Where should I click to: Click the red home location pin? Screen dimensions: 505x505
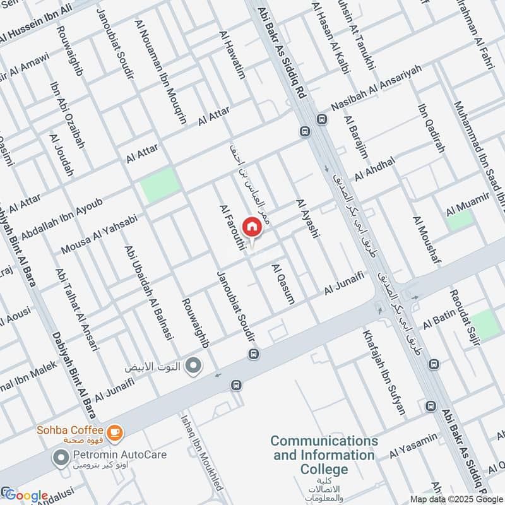point(251,226)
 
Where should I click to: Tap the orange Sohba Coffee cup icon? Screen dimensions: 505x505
point(114,432)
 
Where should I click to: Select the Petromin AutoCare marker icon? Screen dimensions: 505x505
point(61,458)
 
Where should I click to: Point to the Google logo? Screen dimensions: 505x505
point(26,496)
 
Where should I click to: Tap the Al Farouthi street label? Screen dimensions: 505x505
point(232,228)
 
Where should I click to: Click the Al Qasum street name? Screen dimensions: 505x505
point(283,284)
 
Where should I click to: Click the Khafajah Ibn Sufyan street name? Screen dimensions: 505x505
point(383,372)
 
